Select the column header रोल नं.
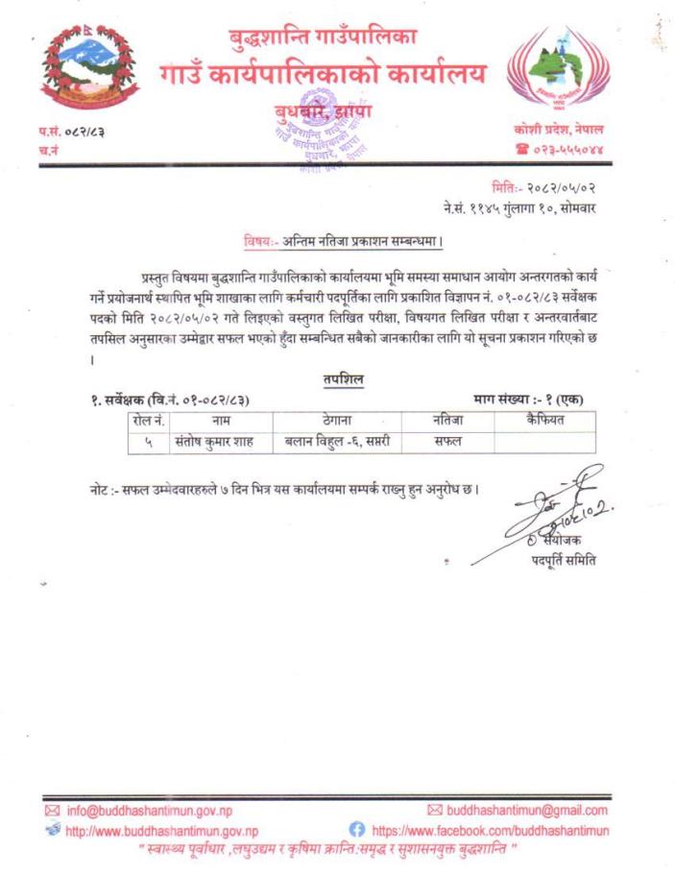147,420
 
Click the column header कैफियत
544,420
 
